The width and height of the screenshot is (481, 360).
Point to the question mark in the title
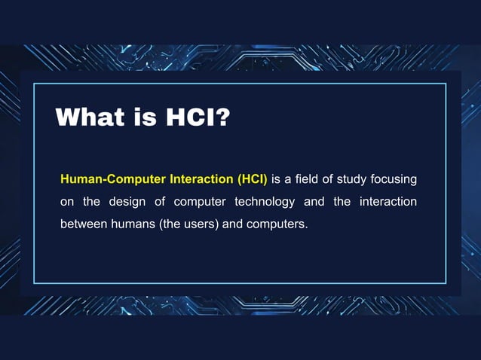[222, 117]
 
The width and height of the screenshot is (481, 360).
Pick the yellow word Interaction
[197, 180]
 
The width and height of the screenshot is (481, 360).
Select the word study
[353, 180]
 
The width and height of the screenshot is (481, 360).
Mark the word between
[83, 224]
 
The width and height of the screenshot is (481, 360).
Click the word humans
[133, 224]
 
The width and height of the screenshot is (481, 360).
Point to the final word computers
[280, 224]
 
